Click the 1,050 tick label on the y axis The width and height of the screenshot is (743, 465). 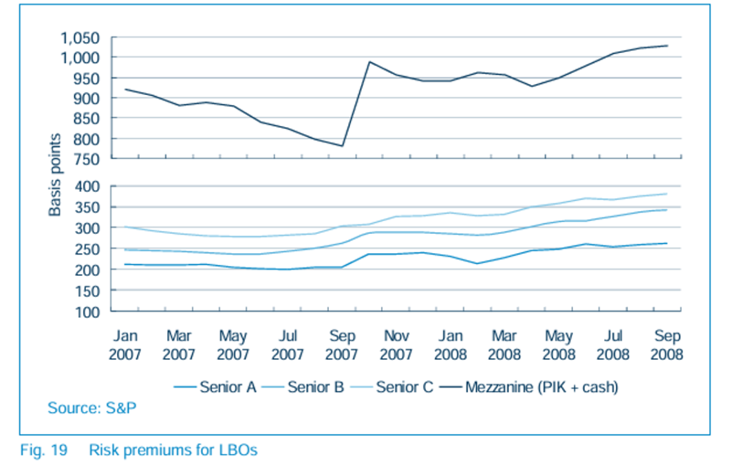[x=80, y=38]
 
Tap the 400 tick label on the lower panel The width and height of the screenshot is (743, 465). [x=87, y=186]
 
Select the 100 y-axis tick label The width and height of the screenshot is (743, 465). [x=87, y=312]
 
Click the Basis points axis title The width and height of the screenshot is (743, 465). [x=55, y=175]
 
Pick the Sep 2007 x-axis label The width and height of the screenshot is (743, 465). [x=342, y=345]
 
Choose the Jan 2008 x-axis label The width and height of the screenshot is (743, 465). [x=450, y=345]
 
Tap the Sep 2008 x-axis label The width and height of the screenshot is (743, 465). [x=667, y=345]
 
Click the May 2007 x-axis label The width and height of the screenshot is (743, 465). [x=233, y=345]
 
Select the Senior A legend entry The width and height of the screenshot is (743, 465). [x=215, y=387]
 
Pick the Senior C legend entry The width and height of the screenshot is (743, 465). [x=392, y=387]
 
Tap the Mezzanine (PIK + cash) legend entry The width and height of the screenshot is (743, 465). [x=529, y=387]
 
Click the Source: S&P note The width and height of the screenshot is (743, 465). [x=92, y=408]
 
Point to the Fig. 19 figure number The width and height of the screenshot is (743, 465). [x=43, y=450]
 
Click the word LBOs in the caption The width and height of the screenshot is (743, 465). [x=238, y=450]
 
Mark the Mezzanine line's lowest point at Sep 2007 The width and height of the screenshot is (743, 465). [x=342, y=146]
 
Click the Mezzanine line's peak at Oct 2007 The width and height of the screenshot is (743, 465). [x=369, y=62]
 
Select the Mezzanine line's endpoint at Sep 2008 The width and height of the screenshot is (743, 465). [x=667, y=45]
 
